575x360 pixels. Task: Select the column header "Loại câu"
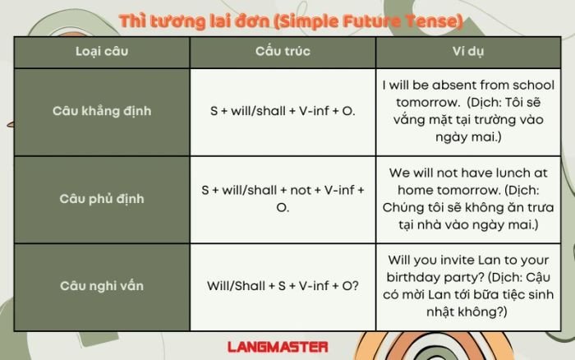(x=102, y=52)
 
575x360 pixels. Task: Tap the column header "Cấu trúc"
(x=283, y=52)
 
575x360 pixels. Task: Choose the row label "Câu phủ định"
(x=102, y=198)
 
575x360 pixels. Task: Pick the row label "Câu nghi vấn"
(x=102, y=286)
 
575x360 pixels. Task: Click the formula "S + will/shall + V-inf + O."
(x=283, y=110)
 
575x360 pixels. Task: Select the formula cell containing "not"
(x=283, y=198)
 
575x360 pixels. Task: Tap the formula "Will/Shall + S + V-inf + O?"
(x=283, y=286)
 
